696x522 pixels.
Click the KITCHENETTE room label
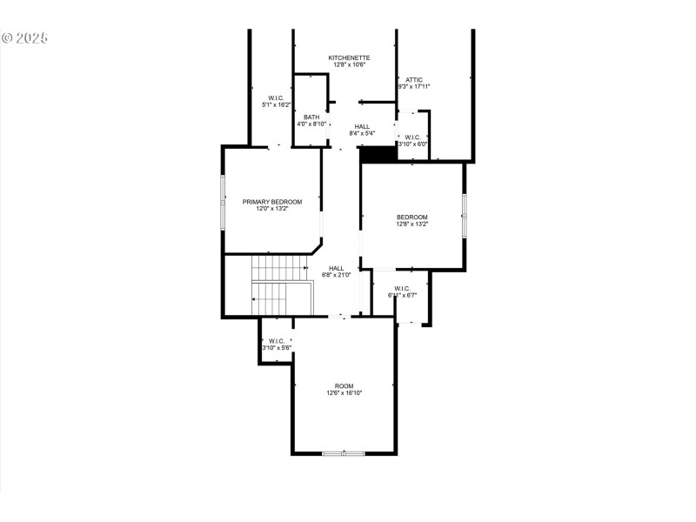coord(348,57)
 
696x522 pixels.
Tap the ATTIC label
coord(414,79)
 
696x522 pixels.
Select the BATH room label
coord(311,117)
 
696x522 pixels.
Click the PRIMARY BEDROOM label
coord(272,202)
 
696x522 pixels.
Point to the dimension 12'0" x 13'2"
coord(272,209)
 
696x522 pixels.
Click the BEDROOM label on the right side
coord(412,217)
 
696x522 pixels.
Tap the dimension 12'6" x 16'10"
coord(345,393)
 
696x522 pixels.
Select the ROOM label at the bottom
coord(345,385)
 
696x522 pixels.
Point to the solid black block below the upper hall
coord(378,154)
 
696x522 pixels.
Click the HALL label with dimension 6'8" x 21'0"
coord(336,268)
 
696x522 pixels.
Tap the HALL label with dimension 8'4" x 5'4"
coord(362,127)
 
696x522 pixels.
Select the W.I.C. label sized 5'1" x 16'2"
coord(276,97)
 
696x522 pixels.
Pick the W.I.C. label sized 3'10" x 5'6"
coord(276,341)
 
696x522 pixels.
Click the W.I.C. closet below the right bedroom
coord(402,292)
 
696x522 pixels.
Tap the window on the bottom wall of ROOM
coord(344,452)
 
